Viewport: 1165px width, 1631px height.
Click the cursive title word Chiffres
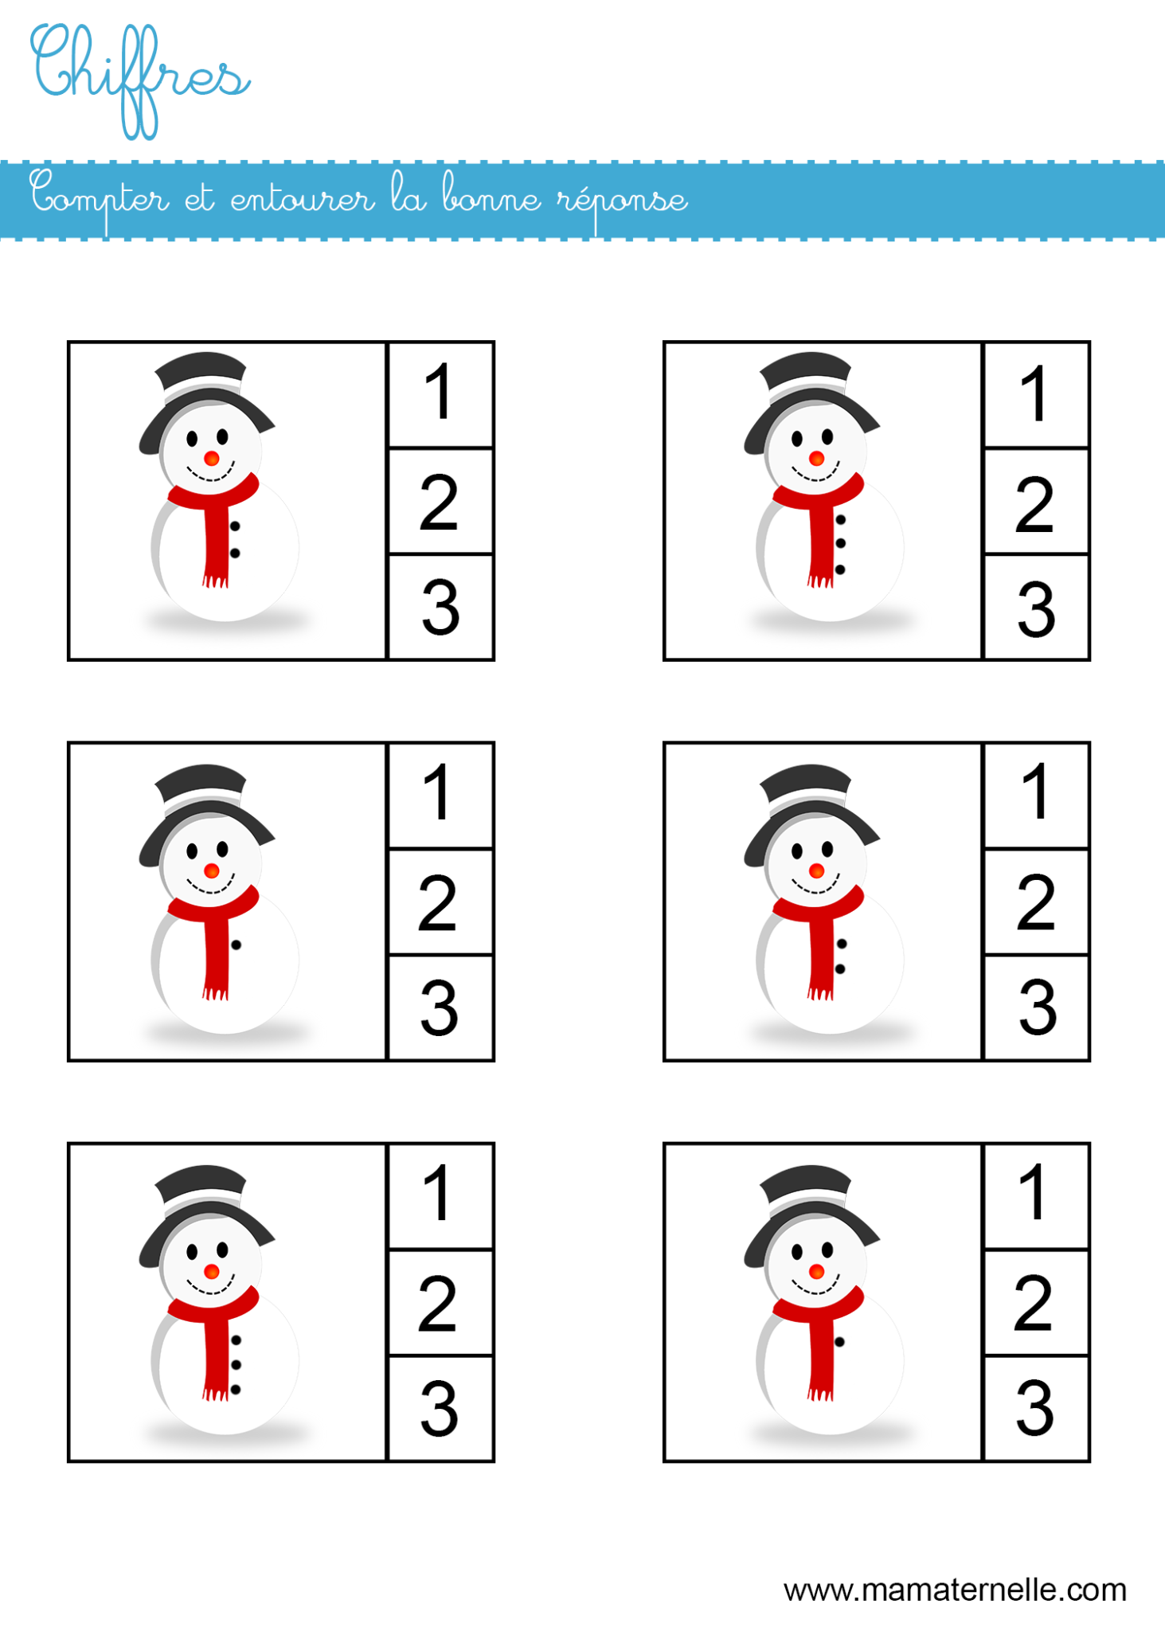pyautogui.click(x=139, y=76)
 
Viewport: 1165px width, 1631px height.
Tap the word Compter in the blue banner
pyautogui.click(x=100, y=199)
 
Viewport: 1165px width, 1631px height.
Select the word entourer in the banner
pyautogui.click(x=303, y=199)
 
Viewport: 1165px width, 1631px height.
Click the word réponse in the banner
pyautogui.click(x=621, y=201)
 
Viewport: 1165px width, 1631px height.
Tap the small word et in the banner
pyautogui.click(x=200, y=199)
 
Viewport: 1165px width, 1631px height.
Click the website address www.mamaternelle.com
pyautogui.click(x=955, y=1590)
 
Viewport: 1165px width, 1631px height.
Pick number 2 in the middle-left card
pyautogui.click(x=438, y=903)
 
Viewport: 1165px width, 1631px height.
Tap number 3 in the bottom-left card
pyautogui.click(x=440, y=1409)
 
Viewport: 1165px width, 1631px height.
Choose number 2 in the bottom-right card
pyautogui.click(x=1034, y=1304)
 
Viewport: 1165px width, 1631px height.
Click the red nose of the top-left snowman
pyautogui.click(x=212, y=459)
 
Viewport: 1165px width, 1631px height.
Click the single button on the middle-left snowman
pyautogui.click(x=237, y=945)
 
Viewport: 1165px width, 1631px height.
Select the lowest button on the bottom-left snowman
pyautogui.click(x=236, y=1390)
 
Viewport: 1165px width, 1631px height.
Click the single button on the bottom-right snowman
pyautogui.click(x=840, y=1342)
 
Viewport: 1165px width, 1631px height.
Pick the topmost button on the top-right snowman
pyautogui.click(x=841, y=520)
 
